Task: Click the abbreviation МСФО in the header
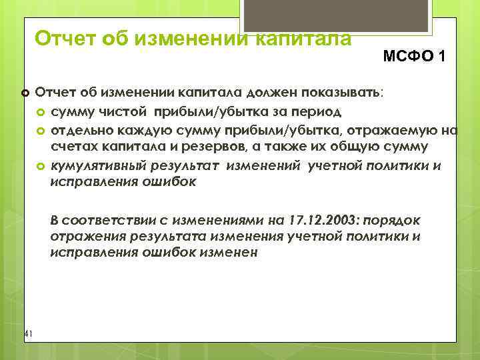[407, 57]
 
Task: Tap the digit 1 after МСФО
[441, 57]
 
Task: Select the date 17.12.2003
[316, 221]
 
